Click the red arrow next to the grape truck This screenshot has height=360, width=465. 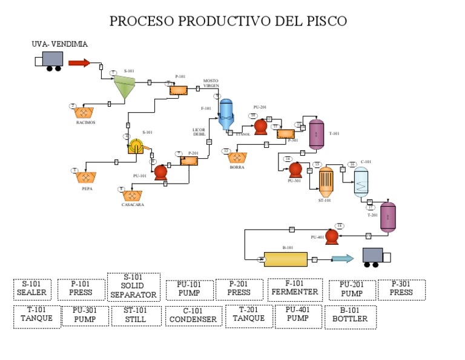79,62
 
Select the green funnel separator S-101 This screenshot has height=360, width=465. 125,87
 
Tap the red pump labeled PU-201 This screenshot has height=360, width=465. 261,126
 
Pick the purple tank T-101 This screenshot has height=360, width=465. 316,134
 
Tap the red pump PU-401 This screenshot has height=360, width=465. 331,236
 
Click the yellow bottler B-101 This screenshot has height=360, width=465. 285,259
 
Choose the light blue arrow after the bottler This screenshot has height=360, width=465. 343,259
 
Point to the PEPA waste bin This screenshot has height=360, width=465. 87,178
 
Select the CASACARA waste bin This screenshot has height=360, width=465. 131,196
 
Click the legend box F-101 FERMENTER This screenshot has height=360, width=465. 295,289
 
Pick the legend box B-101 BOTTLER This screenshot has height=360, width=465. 350,316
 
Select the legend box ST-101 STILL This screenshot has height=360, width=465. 136,316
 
